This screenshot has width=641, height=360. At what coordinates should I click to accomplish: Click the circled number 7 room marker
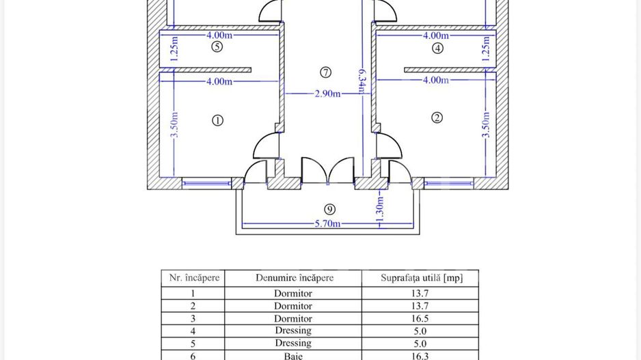click(325, 72)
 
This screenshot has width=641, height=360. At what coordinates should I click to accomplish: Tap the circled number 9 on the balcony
click(329, 209)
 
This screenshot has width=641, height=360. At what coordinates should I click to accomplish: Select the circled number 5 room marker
click(217, 46)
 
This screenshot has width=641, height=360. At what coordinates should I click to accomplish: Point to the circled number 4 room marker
click(437, 49)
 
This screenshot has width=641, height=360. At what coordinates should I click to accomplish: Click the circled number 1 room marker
click(217, 120)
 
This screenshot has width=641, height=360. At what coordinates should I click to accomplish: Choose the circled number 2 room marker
click(437, 117)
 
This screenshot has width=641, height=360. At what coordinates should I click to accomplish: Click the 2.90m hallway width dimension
click(327, 94)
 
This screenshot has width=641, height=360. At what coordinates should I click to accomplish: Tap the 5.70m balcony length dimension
click(327, 223)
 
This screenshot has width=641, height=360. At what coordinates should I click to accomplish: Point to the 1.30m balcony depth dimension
click(380, 211)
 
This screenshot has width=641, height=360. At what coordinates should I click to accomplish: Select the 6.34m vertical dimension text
click(362, 82)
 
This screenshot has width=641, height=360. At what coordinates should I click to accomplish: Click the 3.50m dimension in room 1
click(174, 125)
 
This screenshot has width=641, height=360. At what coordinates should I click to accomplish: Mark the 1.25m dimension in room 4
click(486, 49)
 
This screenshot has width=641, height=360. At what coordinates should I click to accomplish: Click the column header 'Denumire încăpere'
click(295, 278)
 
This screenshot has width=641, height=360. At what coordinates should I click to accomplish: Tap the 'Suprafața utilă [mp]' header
click(422, 278)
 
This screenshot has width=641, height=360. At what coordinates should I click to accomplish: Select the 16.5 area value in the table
click(420, 318)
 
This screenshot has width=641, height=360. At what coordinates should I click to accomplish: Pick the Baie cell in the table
click(293, 356)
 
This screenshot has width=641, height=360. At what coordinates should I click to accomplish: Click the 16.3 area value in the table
click(420, 356)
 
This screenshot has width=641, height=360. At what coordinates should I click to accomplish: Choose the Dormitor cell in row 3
click(293, 318)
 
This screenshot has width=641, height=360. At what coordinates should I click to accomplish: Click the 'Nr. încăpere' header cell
click(194, 278)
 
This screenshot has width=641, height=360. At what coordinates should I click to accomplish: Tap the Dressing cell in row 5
click(293, 343)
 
